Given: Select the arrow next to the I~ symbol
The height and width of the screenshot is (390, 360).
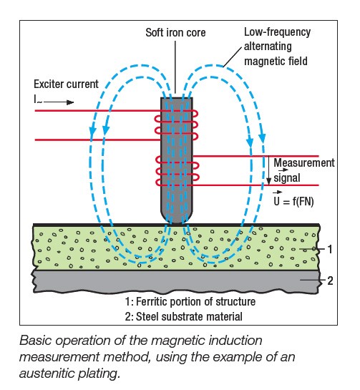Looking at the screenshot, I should [x=61, y=102].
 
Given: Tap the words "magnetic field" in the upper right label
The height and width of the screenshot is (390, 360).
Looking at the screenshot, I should [x=274, y=62].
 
